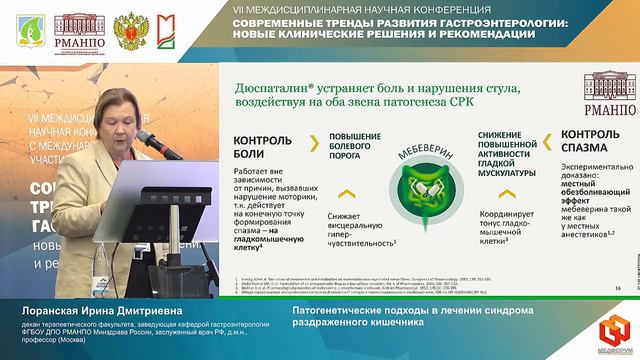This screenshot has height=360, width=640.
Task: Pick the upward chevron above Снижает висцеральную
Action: pos(347,193)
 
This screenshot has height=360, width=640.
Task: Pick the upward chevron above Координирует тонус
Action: pos(488,193)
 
